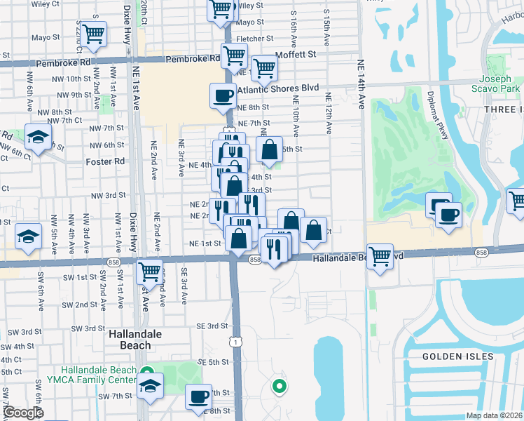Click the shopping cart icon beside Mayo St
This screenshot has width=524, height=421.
pos(93,34)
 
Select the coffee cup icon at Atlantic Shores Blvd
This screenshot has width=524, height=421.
pos(223,95)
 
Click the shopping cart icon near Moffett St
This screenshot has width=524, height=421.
pos(264,68)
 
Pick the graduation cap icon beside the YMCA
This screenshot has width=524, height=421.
pos(149,387)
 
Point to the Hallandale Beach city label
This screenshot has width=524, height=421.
pos(130,340)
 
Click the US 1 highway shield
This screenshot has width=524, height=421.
pos(240,342)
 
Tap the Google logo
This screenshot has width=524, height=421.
pos(22,413)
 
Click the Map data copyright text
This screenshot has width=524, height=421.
pos(493,415)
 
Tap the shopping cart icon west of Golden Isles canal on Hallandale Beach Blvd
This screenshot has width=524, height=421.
pos(380,256)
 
